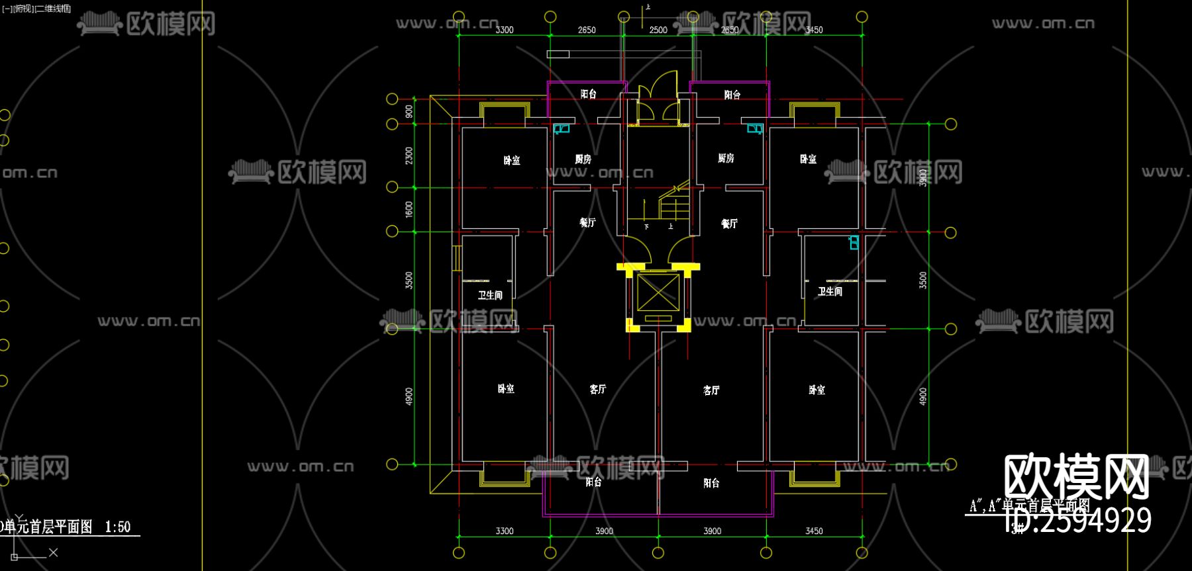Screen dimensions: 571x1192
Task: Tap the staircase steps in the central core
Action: [x=674, y=206]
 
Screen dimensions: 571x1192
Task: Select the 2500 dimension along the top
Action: [x=658, y=30]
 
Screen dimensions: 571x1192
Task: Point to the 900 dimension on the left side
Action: [x=409, y=111]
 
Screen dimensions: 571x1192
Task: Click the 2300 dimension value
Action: [x=409, y=156]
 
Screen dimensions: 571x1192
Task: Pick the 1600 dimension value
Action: [x=409, y=209]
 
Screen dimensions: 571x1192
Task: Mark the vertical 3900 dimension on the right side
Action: [x=922, y=177]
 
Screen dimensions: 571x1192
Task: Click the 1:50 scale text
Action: [x=118, y=527]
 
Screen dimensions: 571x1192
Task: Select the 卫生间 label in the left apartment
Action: [x=490, y=295]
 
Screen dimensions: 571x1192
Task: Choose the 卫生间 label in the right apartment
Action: [x=830, y=291]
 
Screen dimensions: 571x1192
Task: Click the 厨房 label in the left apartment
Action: [x=583, y=159]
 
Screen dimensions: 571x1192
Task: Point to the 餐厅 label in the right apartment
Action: [x=729, y=224]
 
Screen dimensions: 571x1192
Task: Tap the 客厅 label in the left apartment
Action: [x=597, y=389]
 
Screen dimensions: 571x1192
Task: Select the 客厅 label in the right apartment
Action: [x=711, y=390]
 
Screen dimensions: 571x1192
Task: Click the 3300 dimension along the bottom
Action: [x=505, y=531]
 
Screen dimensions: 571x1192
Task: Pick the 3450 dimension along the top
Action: [x=814, y=30]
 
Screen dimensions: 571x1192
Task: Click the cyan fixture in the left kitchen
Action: [x=562, y=128]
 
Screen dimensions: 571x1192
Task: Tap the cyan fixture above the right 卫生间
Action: [x=854, y=242]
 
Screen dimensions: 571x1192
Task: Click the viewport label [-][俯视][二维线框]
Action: [x=36, y=9]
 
